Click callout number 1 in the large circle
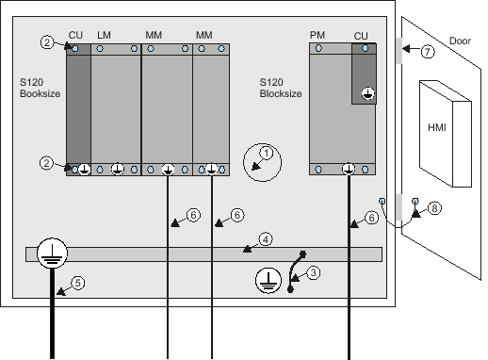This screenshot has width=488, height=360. point(267,154)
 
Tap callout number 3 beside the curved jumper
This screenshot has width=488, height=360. point(314,272)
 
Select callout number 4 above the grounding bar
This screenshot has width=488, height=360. point(266,239)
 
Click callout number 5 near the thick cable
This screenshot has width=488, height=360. point(78,283)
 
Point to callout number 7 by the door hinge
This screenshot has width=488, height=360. point(428,52)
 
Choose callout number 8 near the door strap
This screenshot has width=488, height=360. point(434,208)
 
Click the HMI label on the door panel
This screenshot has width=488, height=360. point(437,127)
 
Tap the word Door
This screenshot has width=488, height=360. point(460,41)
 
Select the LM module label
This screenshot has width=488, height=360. point(104,35)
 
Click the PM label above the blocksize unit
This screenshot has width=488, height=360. point(317,35)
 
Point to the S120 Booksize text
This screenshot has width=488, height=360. point(40,88)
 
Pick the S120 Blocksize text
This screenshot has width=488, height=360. point(281,88)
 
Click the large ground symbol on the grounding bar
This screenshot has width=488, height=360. point(52,254)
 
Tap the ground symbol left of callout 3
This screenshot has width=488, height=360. point(268,281)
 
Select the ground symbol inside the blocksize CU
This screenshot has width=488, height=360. point(367,93)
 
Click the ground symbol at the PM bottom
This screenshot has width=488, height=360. point(349,169)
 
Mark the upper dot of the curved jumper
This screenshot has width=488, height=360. point(303,254)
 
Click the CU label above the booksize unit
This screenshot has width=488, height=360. point(75,35)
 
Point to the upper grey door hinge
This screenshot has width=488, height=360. point(399,51)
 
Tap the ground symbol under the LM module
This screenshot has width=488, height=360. point(118,169)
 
